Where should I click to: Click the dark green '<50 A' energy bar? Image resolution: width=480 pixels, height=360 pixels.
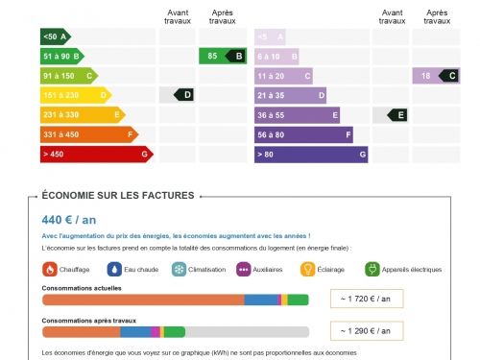(55, 36)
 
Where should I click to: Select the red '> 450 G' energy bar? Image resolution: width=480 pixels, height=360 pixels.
(96, 154)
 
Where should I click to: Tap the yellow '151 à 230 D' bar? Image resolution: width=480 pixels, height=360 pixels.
(76, 95)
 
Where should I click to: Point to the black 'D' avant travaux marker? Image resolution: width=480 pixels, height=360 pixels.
(184, 94)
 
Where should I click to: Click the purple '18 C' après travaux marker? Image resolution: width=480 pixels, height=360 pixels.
(438, 76)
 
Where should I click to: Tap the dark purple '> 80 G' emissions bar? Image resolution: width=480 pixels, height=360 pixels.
(311, 154)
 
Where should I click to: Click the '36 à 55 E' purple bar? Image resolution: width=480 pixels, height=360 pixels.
(298, 114)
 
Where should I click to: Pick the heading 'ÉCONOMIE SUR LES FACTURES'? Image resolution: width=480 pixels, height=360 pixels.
(118, 195)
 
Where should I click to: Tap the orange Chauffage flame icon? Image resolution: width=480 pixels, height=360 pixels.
(49, 270)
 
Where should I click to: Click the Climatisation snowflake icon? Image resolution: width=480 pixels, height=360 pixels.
(179, 270)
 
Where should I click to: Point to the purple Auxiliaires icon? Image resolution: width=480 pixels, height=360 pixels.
(244, 270)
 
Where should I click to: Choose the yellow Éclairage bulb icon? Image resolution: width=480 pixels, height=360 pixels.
(308, 270)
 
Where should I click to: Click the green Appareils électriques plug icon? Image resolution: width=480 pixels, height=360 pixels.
(372, 270)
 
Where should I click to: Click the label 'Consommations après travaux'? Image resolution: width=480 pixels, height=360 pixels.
(89, 321)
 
